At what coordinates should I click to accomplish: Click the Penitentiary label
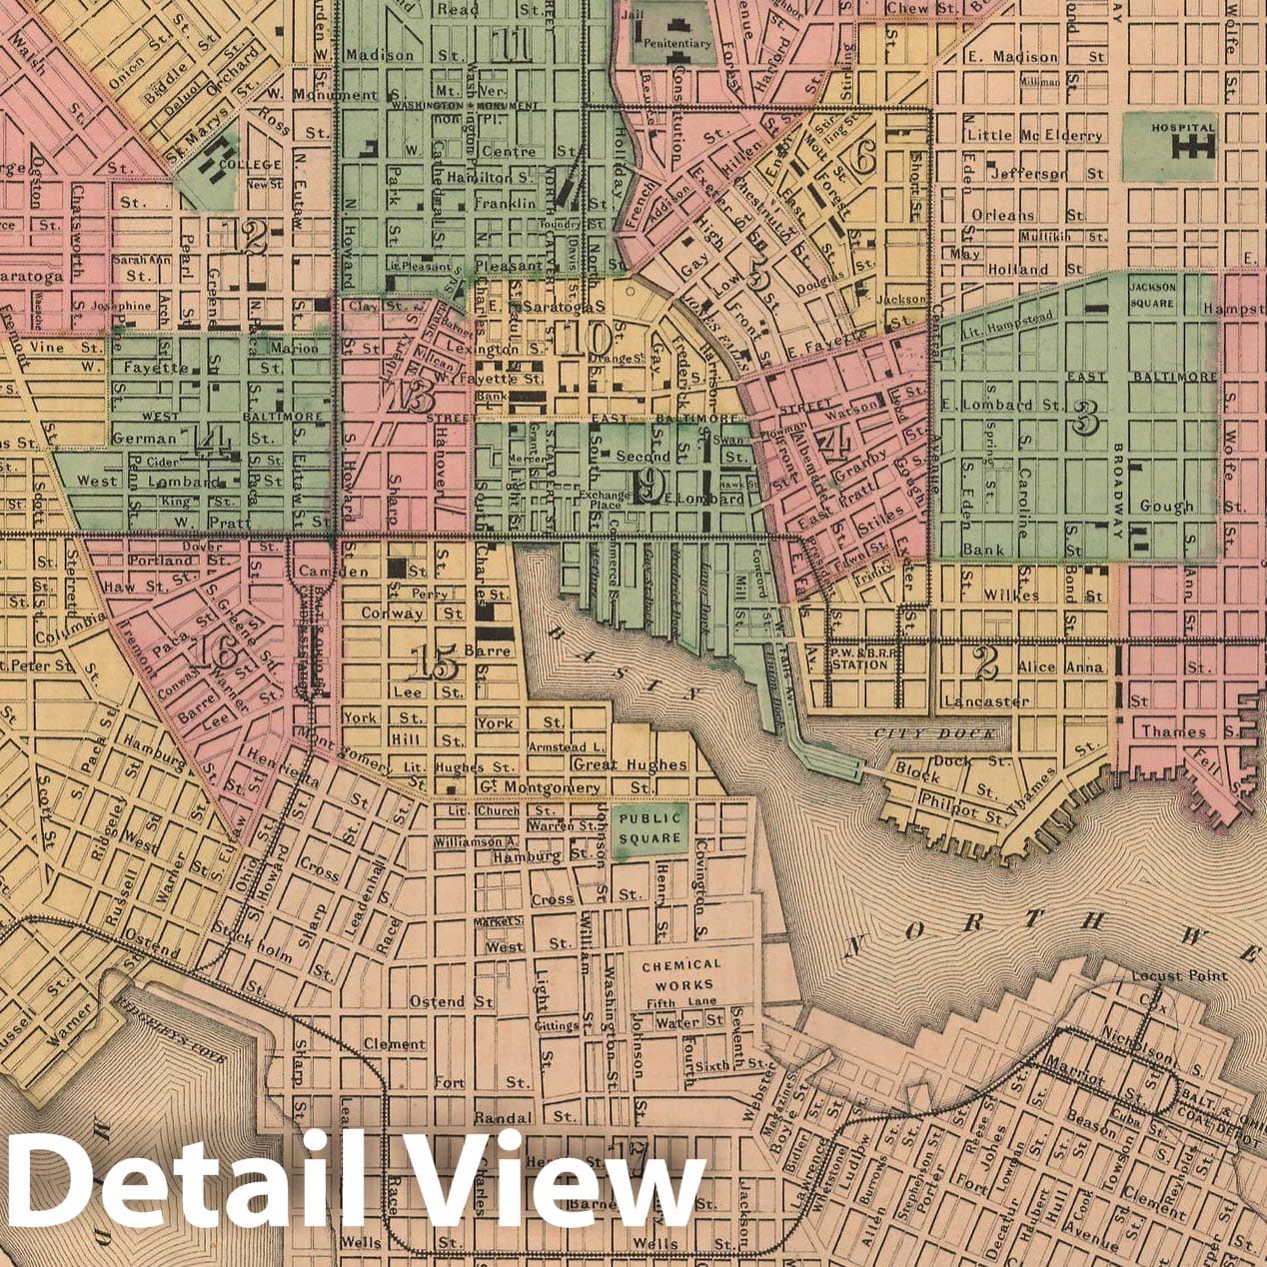677,44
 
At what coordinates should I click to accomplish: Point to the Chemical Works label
680,974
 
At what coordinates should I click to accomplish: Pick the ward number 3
1081,421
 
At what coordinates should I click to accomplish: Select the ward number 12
248,237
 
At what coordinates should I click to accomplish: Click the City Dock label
934,733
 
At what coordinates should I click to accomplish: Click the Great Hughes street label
630,764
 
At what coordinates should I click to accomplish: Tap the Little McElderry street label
1033,135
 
